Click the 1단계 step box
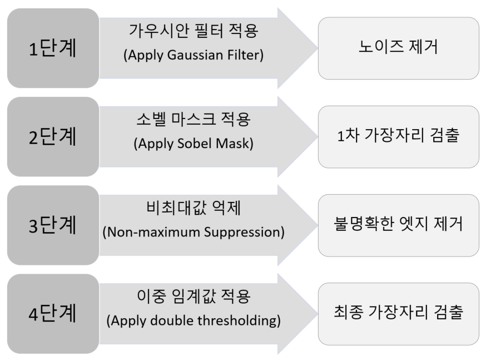click(x=53, y=48)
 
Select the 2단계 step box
click(x=53, y=137)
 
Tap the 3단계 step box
click(x=53, y=225)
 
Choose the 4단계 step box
click(x=53, y=314)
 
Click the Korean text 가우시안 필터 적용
click(x=194, y=31)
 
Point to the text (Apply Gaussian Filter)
click(x=194, y=55)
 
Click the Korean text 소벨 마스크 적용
click(x=194, y=120)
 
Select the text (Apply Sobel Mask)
click(x=194, y=144)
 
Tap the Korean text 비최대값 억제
click(x=194, y=208)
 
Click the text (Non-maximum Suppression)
click(x=194, y=233)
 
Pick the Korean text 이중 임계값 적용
click(x=194, y=297)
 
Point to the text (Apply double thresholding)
click(x=194, y=321)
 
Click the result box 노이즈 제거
click(x=399, y=48)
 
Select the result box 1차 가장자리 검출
click(x=399, y=137)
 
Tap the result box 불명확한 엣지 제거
click(x=399, y=225)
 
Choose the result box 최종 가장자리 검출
click(x=399, y=314)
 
